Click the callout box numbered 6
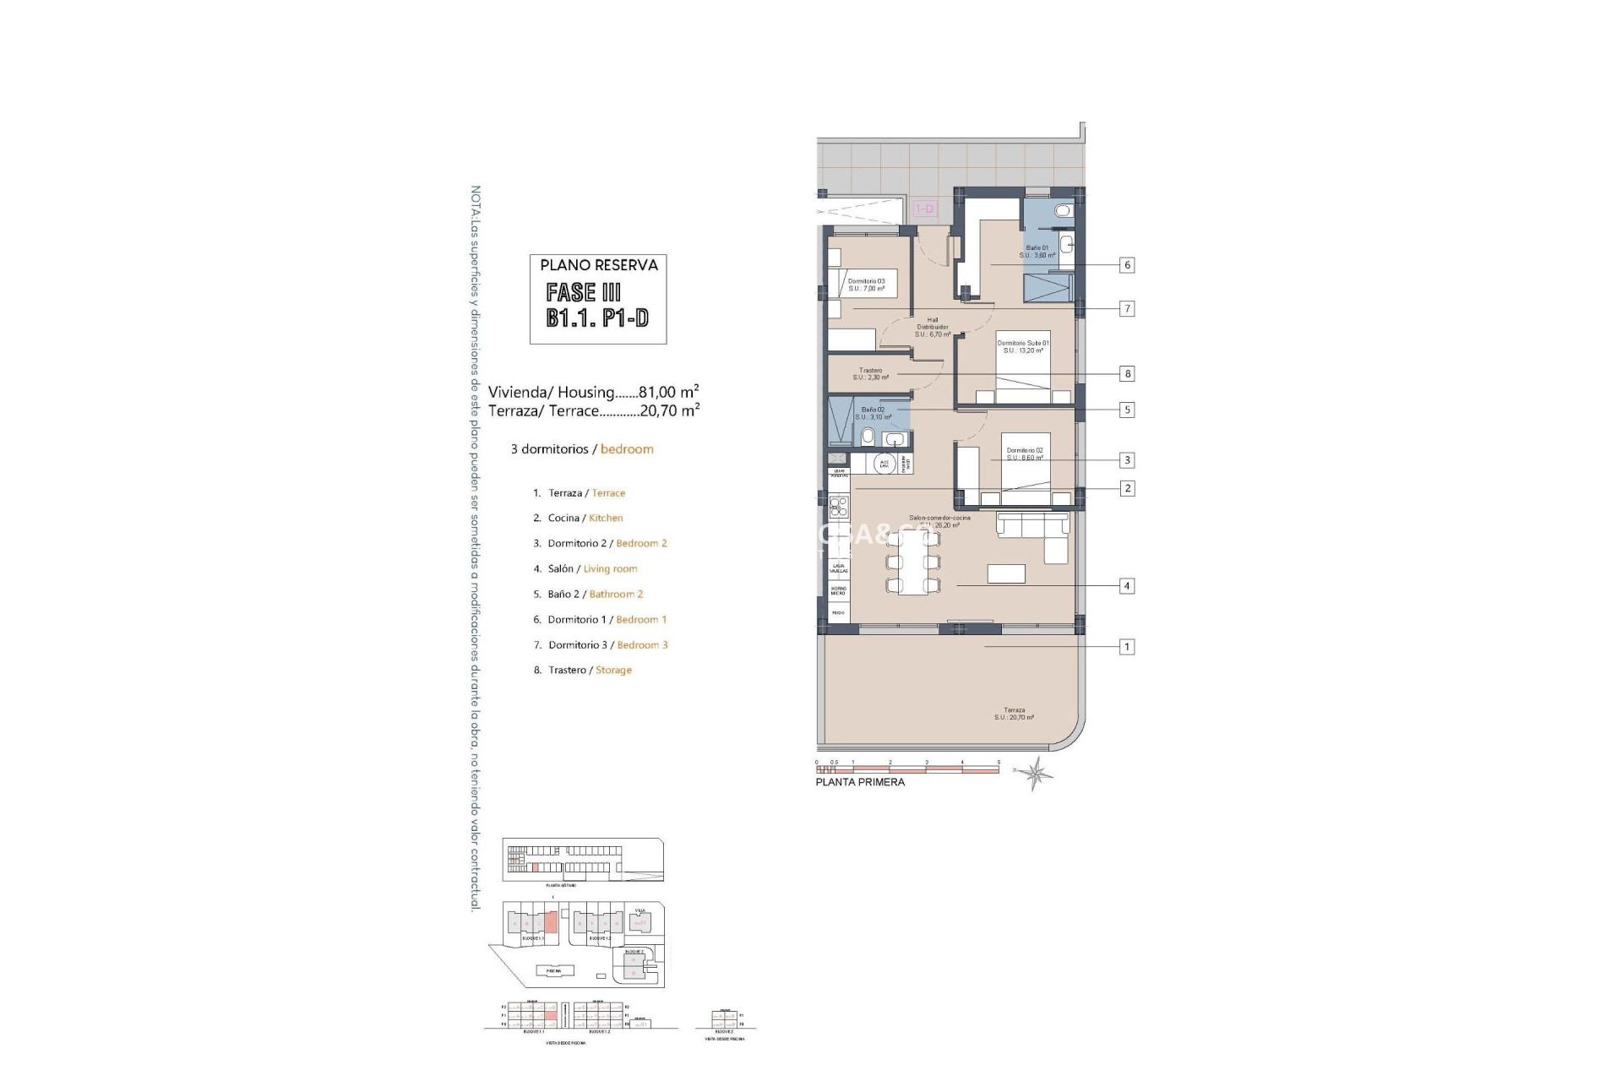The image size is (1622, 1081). tap(1126, 265)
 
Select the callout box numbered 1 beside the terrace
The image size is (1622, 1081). tap(1126, 647)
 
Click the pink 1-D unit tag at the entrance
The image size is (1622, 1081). tap(925, 209)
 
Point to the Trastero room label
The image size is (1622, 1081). tap(870, 374)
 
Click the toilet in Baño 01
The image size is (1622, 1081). tap(1063, 210)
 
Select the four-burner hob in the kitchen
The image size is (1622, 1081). tap(839, 507)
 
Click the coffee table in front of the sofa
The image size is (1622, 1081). tap(1006, 573)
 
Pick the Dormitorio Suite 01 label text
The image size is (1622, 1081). tap(1023, 346)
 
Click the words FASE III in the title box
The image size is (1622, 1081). tap(584, 292)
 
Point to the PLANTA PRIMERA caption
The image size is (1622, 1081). tap(859, 782)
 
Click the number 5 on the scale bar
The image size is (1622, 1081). tap(999, 762)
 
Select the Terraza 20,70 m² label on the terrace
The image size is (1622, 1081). tap(1014, 714)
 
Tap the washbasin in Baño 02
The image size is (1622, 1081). tap(894, 438)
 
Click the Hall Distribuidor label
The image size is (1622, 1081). tap(933, 327)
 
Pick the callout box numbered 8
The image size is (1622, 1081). tap(1126, 373)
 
